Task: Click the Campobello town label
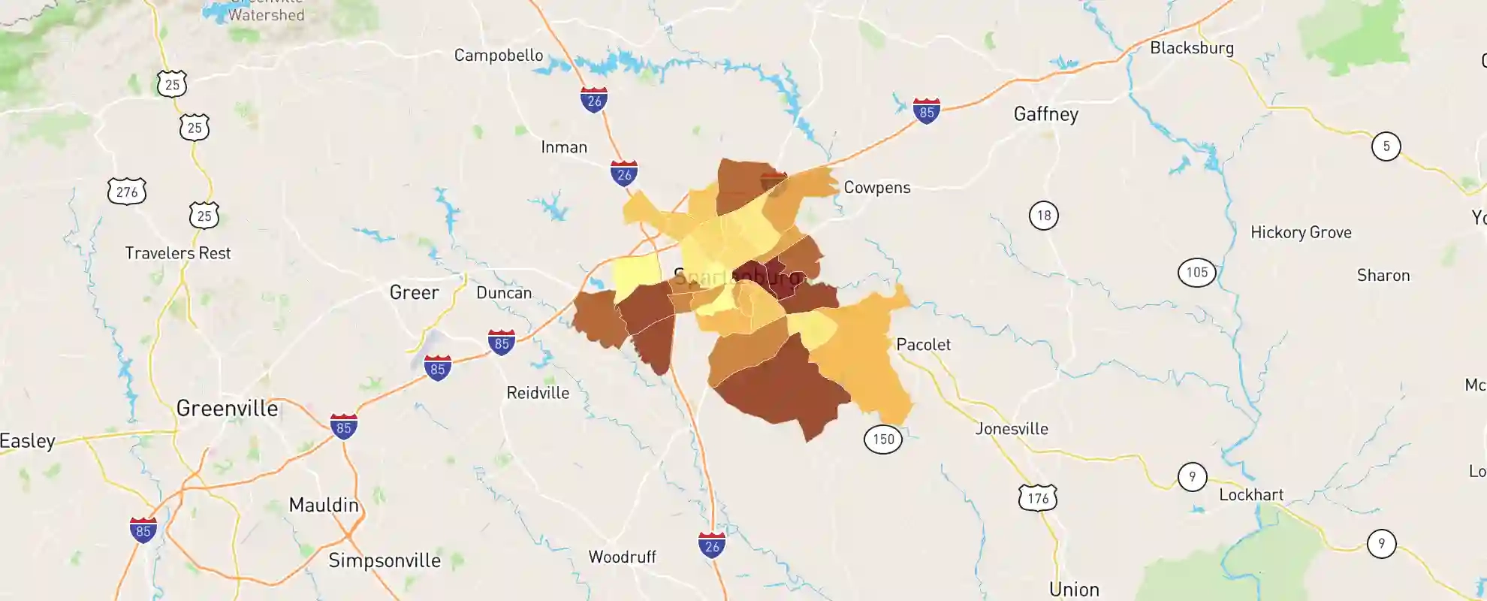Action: (x=498, y=56)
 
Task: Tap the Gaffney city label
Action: (x=1045, y=114)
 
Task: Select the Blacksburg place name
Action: (x=1191, y=48)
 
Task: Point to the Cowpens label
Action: (x=876, y=188)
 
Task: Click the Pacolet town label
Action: (x=923, y=345)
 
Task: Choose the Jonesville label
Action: (x=1011, y=429)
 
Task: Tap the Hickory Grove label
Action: (x=1300, y=233)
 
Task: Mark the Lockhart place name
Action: (x=1250, y=495)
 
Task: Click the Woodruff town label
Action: (x=622, y=557)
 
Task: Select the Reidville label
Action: (x=538, y=393)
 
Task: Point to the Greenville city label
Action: (x=227, y=409)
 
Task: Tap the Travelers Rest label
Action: (x=177, y=254)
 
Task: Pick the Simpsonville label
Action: (x=384, y=561)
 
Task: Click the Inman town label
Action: (x=564, y=148)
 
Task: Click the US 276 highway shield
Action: (x=127, y=192)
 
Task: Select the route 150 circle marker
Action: (x=883, y=439)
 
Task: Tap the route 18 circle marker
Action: (x=1044, y=216)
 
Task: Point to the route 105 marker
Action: (x=1196, y=273)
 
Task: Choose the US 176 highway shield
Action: (x=1038, y=498)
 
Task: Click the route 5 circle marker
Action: (x=1386, y=146)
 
